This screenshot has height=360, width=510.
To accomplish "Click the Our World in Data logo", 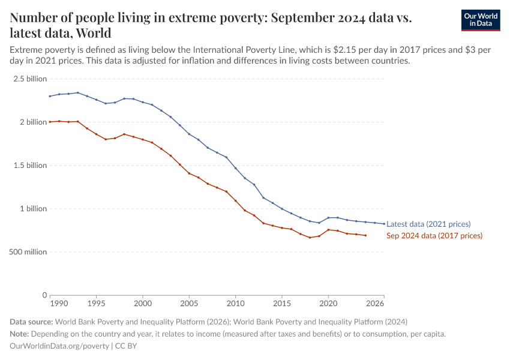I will pyautogui.click(x=480, y=20).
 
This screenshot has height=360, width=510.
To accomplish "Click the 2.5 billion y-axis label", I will pyautogui.click(x=29, y=79).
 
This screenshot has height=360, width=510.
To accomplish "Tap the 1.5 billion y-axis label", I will pyautogui.click(x=29, y=166).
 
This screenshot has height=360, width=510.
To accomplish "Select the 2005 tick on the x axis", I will pyautogui.click(x=189, y=304).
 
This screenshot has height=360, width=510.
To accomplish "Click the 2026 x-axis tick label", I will pyautogui.click(x=375, y=304).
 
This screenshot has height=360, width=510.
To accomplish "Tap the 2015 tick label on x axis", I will pyautogui.click(x=282, y=304).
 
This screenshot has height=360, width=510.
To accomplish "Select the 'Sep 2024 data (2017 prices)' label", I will pyautogui.click(x=434, y=236).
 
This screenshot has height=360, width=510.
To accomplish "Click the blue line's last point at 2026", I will pyautogui.click(x=384, y=224).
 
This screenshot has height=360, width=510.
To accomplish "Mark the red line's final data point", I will pyautogui.click(x=365, y=235).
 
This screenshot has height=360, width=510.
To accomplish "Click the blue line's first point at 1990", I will pyautogui.click(x=50, y=96).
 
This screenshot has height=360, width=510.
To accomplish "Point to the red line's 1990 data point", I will pyautogui.click(x=50, y=122).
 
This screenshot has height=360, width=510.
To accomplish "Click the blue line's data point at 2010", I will pyautogui.click(x=236, y=168).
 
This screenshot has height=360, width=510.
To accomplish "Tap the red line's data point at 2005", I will pyautogui.click(x=189, y=173).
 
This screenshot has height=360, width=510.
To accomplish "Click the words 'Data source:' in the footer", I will pyautogui.click(x=31, y=321).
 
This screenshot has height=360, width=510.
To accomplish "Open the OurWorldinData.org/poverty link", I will pyautogui.click(x=59, y=346).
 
